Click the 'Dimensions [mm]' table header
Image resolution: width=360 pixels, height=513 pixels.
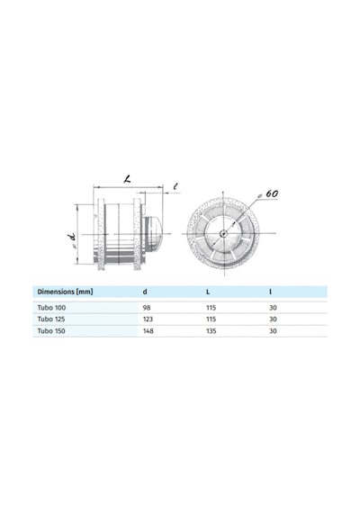tap(65, 292)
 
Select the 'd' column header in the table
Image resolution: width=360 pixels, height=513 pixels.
tap(145, 292)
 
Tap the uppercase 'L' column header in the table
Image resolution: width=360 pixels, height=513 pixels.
tap(208, 292)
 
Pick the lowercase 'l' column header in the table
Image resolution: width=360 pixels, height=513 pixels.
tap(270, 292)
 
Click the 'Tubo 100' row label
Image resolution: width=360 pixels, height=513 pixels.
tap(51, 308)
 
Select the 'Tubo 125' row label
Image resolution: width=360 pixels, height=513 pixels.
tap(51, 319)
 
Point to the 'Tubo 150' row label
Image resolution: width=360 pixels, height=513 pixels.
tap(51, 331)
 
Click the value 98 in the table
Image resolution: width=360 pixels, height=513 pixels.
tap(147, 308)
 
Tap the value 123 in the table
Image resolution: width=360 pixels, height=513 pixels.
tap(148, 319)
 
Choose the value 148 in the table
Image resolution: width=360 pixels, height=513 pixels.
tap(148, 331)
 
